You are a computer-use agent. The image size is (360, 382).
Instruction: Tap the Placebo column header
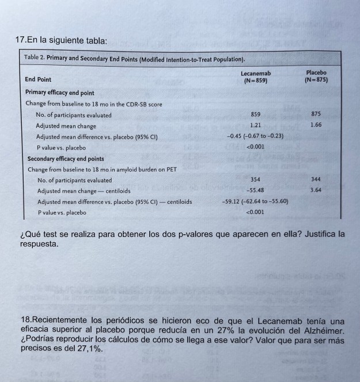316,77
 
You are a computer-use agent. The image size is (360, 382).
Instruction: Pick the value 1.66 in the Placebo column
316,125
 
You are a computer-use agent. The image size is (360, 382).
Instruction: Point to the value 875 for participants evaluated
316,114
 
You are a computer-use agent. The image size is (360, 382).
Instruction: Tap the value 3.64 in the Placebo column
316,190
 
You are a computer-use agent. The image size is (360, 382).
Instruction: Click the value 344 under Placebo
316,180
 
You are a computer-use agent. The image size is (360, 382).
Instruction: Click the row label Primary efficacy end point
60,93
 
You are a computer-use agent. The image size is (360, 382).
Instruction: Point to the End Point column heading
38,79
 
